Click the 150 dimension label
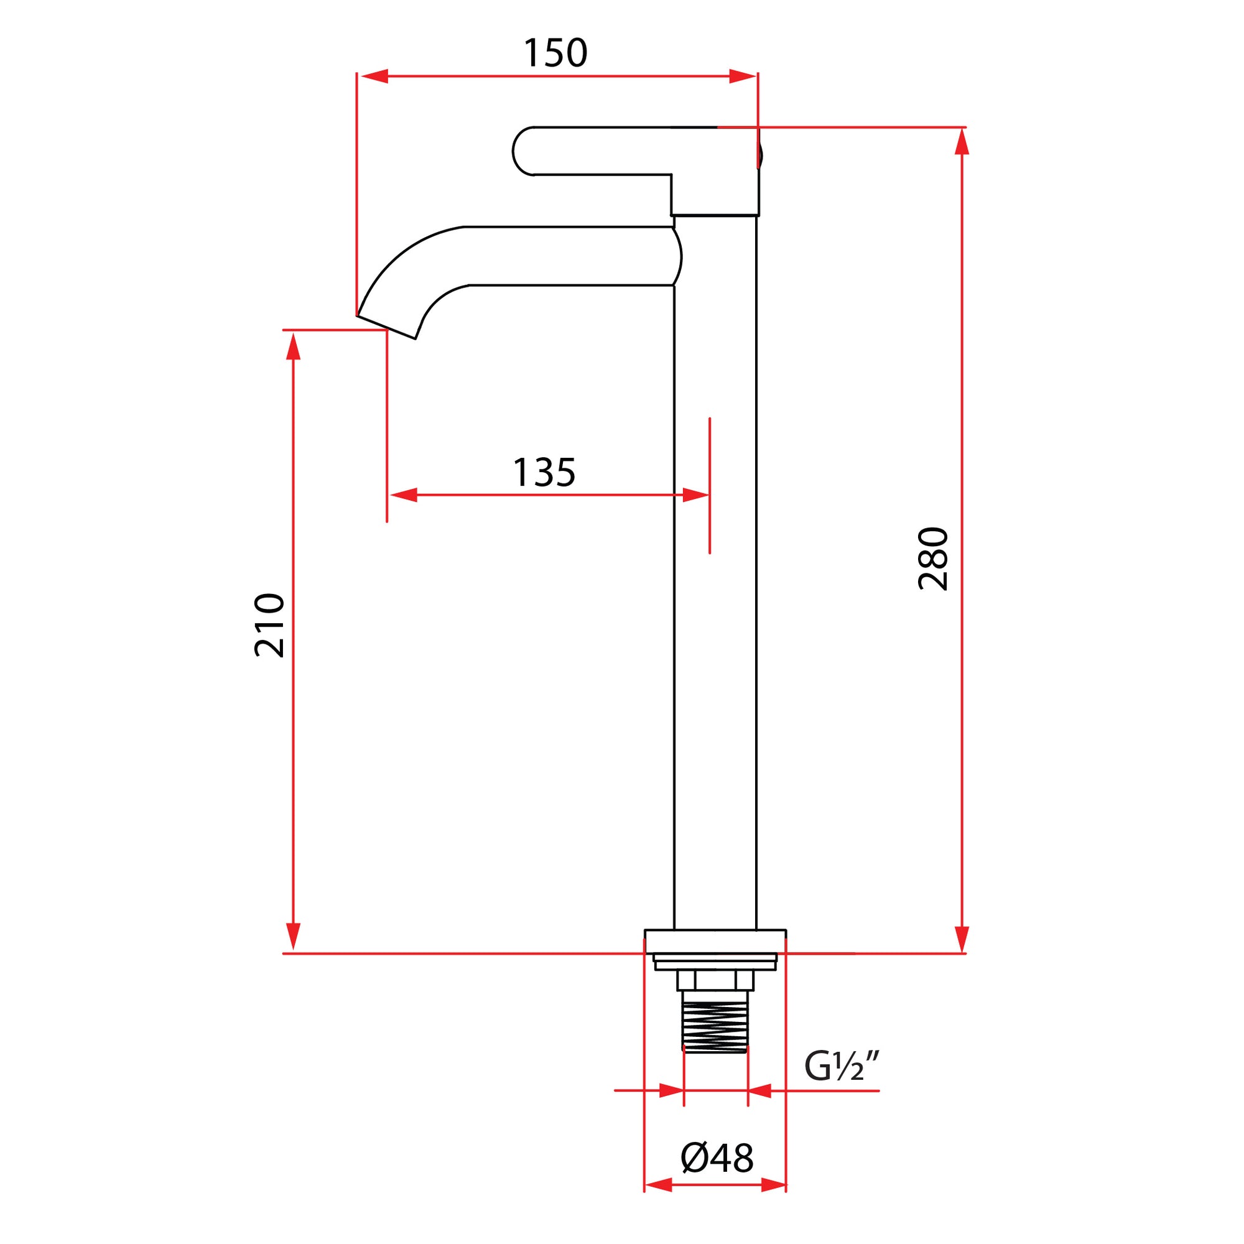[555, 53]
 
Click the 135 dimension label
[544, 473]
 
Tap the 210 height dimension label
[269, 625]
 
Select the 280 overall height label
[933, 559]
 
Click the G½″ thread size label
[842, 1067]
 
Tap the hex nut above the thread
[715, 980]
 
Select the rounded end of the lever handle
[523, 151]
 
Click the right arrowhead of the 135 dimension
[695, 495]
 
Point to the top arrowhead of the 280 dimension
[962, 141]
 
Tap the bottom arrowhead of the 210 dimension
[293, 937]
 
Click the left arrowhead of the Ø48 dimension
[658, 1203]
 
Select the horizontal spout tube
[567, 256]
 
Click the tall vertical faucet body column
[715, 580]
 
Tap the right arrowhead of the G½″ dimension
[760, 1091]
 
